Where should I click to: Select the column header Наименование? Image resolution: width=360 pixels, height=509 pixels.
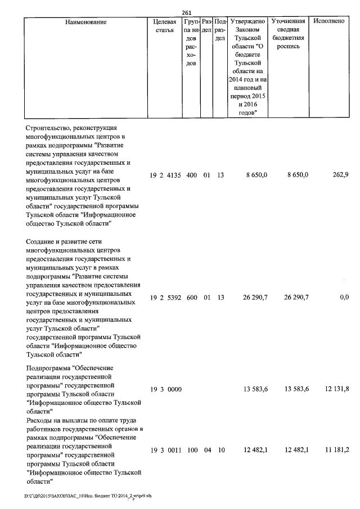[x=85, y=21]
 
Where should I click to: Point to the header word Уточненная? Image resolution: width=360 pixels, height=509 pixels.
[x=288, y=21]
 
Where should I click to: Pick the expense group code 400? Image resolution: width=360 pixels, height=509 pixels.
[x=191, y=175]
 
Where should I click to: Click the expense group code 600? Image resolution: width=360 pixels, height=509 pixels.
[x=191, y=298]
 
